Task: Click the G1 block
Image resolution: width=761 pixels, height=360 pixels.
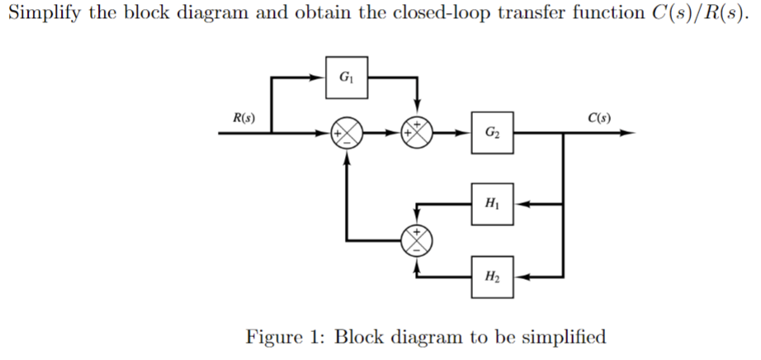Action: (347, 77)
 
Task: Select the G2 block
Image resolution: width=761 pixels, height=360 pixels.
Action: (493, 133)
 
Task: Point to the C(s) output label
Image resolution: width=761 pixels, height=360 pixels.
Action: (599, 118)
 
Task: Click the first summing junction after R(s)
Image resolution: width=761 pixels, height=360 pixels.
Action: (345, 133)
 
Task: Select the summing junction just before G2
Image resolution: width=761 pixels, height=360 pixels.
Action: (417, 133)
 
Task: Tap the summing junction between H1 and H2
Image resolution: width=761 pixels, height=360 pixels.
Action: (417, 239)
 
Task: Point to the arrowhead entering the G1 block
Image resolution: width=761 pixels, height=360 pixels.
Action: (319, 77)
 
